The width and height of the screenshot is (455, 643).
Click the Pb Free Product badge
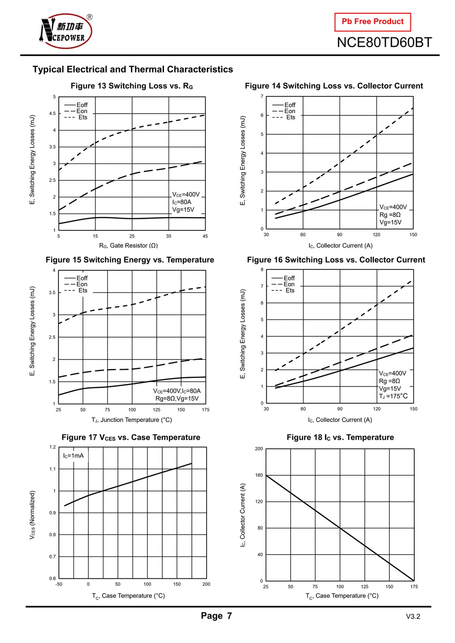pyautogui.click(x=373, y=22)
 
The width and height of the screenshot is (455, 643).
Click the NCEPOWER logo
pyautogui.click(x=66, y=31)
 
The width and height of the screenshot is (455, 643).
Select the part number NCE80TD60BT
pyautogui.click(x=384, y=42)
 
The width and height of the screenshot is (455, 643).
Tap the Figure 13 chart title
pyautogui.click(x=132, y=86)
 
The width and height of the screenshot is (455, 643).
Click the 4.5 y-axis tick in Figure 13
pyautogui.click(x=52, y=114)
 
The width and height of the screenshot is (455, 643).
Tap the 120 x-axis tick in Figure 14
pyautogui.click(x=376, y=235)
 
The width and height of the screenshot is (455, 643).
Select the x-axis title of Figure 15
pyautogui.click(x=132, y=420)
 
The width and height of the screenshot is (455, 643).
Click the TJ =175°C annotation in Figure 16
pyautogui.click(x=393, y=396)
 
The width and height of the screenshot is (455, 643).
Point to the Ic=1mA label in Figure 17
pyautogui.click(x=73, y=456)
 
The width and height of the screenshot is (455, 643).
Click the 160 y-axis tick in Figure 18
pyautogui.click(x=259, y=475)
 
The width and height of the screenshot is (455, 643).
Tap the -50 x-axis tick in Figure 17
pyautogui.click(x=59, y=584)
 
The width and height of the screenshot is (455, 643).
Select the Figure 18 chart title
pyautogui.click(x=340, y=438)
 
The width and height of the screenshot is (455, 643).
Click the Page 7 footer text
pyautogui.click(x=216, y=616)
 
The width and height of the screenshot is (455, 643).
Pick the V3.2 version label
pyautogui.click(x=413, y=617)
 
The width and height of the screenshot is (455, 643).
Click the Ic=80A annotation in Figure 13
pyautogui.click(x=182, y=202)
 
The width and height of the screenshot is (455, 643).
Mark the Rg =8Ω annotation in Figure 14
pyautogui.click(x=390, y=214)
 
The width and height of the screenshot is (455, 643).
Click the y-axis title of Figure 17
pyautogui.click(x=32, y=515)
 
